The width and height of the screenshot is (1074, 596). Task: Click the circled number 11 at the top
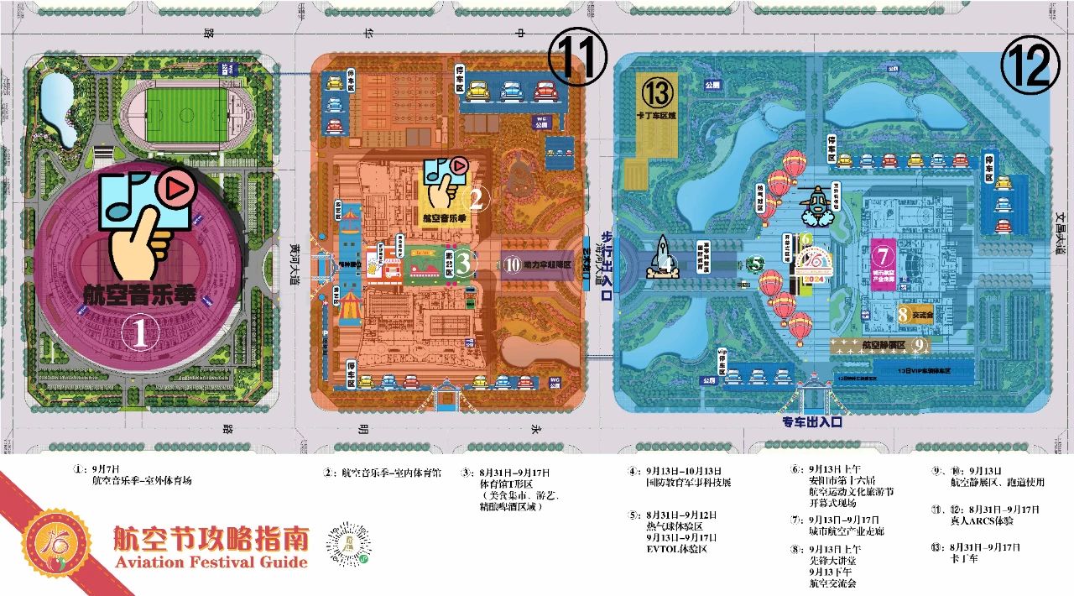(577, 56)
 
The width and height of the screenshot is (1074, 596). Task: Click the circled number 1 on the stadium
(140, 334)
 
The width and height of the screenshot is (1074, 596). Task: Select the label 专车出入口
(812, 422)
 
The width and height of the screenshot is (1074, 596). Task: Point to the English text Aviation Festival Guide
(210, 562)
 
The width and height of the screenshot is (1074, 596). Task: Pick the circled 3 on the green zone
(464, 264)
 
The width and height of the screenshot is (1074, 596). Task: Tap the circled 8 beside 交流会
(902, 315)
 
